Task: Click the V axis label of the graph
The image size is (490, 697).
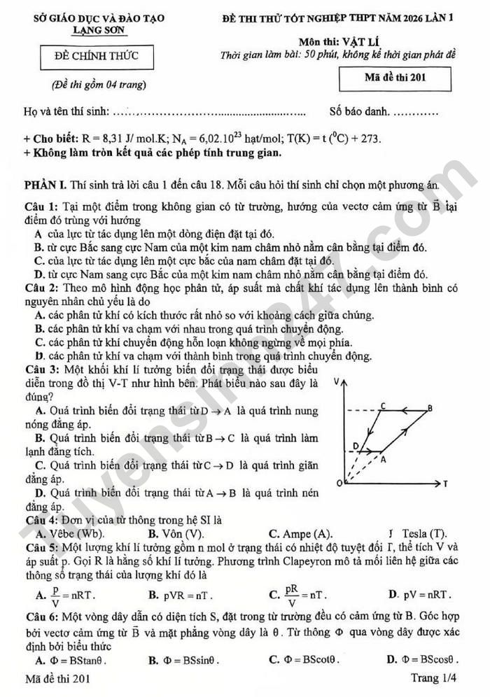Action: tap(337, 382)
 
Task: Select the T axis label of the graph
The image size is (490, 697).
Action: tap(445, 484)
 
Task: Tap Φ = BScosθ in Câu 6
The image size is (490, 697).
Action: tap(432, 660)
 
